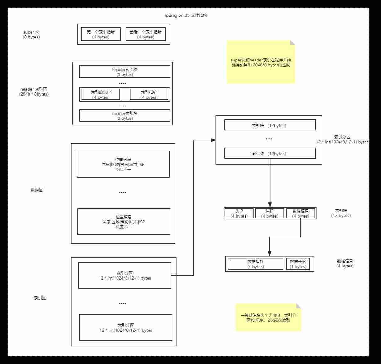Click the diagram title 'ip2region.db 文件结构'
point(186,15)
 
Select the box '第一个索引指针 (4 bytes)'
point(100,34)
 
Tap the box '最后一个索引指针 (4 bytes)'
point(145,34)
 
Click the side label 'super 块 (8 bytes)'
point(31,34)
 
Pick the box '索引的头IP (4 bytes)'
point(100,94)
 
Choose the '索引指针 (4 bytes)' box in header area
point(149,94)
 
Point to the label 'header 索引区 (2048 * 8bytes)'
point(34,92)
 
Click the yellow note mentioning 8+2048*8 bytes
point(261,62)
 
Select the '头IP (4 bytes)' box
point(239,213)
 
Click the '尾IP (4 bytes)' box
point(270,213)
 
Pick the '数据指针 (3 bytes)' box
point(255,264)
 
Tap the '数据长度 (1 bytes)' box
point(298,264)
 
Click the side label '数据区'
point(37,190)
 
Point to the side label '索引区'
point(40,298)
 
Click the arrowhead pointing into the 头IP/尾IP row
point(270,205)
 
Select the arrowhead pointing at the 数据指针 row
point(269,254)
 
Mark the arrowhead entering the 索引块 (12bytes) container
point(213,140)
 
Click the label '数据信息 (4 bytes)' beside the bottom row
point(345,263)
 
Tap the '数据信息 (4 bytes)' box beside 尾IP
point(301,213)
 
